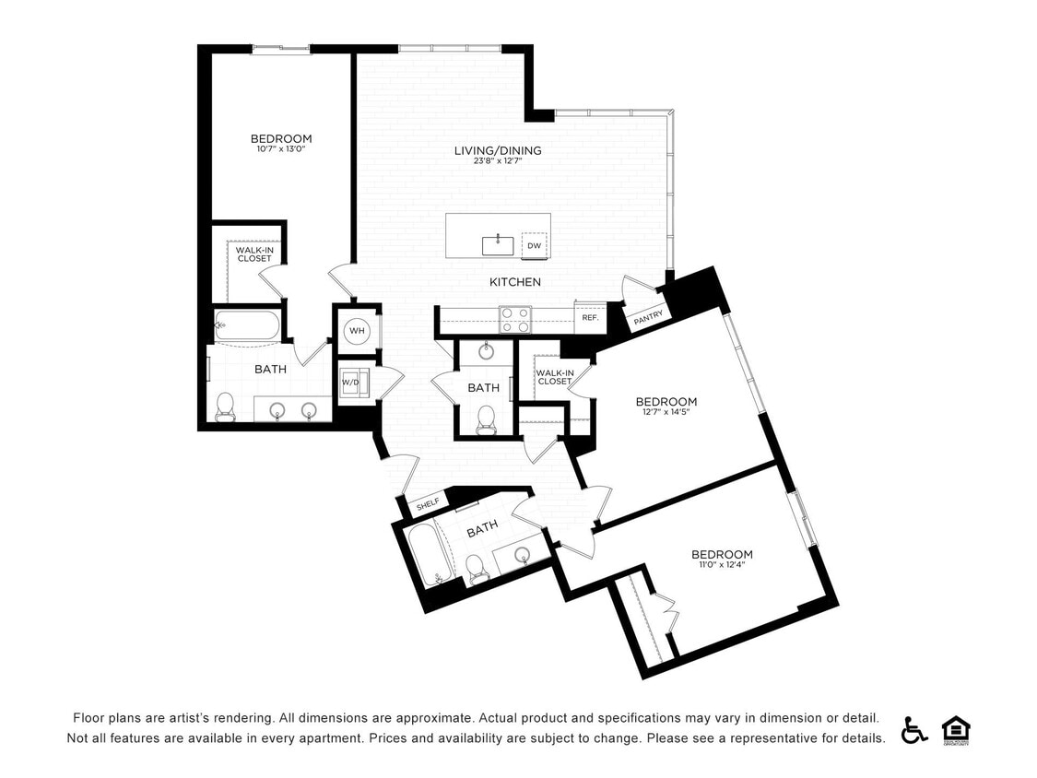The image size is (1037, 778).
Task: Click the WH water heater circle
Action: (357, 331)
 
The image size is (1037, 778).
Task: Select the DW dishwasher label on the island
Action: (534, 245)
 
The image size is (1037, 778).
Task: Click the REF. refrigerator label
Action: (589, 318)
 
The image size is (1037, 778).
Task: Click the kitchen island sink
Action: (498, 244)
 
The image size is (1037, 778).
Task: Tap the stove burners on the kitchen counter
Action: (514, 319)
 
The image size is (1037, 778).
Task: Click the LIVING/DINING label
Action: (498, 150)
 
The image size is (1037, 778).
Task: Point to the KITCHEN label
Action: (514, 282)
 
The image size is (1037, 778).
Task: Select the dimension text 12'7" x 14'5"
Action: (666, 412)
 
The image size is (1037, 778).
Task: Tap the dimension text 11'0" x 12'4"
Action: (722, 564)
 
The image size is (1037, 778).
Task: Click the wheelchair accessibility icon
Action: (914, 729)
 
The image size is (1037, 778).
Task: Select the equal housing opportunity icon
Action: (956, 729)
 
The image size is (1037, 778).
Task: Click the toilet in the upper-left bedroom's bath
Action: (225, 407)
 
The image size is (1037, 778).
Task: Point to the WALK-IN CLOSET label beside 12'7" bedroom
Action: (555, 376)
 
